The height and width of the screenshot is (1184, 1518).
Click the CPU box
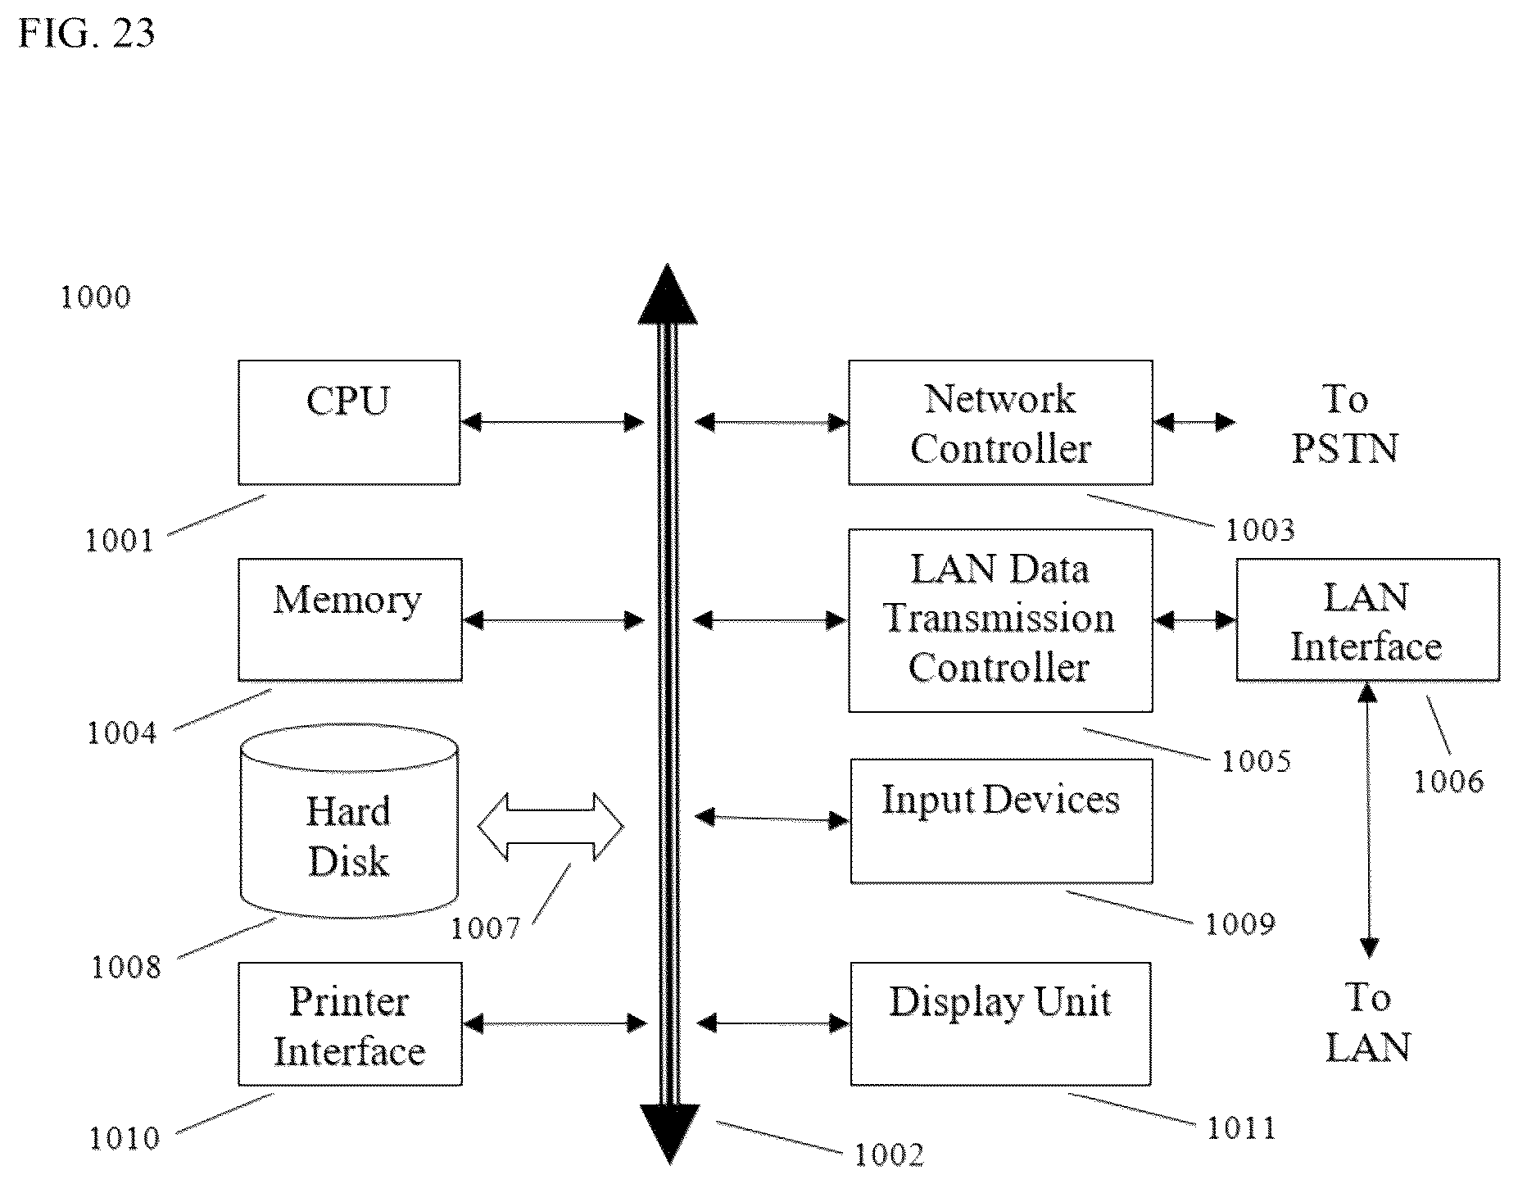tap(349, 422)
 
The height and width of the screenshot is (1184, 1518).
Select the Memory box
tap(350, 619)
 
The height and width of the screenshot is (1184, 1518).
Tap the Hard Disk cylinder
tap(349, 821)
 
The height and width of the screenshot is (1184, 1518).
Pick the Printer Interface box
tap(350, 1023)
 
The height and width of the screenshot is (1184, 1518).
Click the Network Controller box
tap(1000, 422)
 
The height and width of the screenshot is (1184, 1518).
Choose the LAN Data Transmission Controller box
tap(1000, 619)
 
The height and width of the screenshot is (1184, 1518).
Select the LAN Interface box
tap(1367, 619)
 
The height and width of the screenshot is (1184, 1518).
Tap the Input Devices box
tap(1001, 820)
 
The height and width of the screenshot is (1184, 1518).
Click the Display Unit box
tap(1000, 1023)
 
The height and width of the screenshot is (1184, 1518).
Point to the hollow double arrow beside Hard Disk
tap(551, 827)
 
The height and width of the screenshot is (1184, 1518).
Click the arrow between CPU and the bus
tap(553, 423)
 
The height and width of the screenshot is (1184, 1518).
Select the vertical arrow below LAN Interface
tap(1367, 819)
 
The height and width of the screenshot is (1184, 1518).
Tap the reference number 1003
tap(1260, 530)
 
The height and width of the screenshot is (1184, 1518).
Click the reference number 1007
tap(486, 928)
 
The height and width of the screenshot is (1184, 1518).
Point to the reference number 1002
tap(890, 1155)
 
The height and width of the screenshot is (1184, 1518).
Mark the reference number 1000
tap(96, 297)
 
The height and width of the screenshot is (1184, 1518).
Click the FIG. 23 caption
tap(87, 33)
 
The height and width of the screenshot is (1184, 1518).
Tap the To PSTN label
tap(1344, 424)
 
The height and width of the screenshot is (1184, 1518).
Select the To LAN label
tap(1367, 1022)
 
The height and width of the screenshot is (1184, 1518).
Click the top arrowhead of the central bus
tap(668, 293)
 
